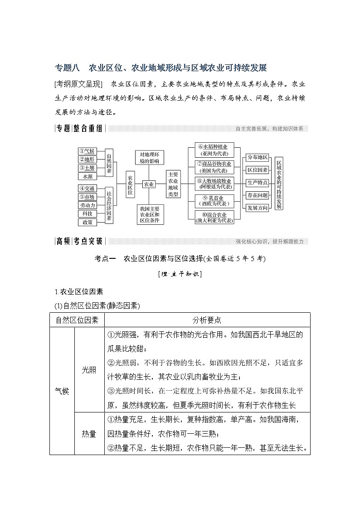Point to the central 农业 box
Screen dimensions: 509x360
point(149,184)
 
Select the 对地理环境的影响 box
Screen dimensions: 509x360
point(149,157)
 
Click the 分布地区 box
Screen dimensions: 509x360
point(257,157)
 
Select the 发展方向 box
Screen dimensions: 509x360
point(257,208)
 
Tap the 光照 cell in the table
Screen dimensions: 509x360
point(89,369)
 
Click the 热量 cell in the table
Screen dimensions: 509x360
point(89,434)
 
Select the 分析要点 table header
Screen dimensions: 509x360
point(207,320)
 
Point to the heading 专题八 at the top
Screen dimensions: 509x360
point(67,68)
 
